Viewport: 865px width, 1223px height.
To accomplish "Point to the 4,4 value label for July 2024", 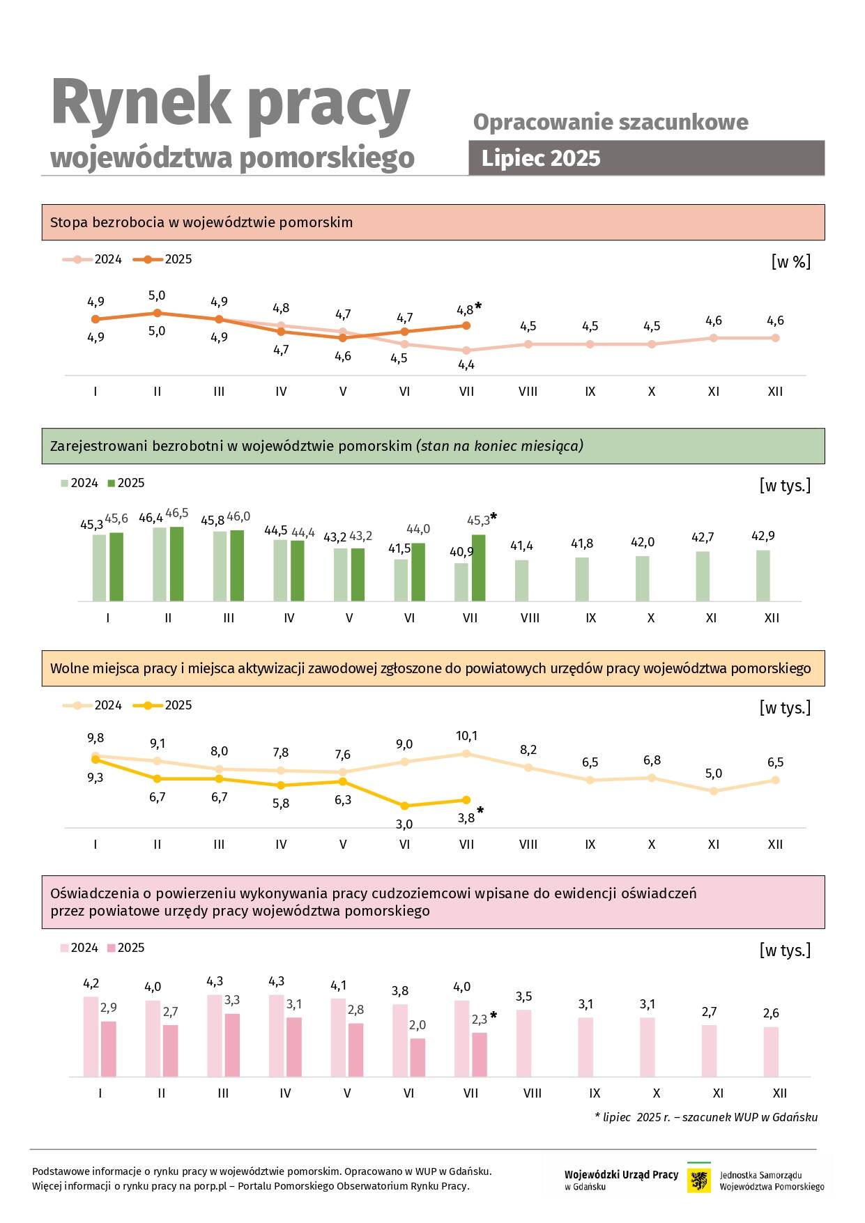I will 466,364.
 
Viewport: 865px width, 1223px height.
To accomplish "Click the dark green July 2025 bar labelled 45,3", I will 478,567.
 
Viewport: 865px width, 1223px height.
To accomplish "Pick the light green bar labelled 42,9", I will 763,576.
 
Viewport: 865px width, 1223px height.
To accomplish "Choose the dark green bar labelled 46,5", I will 176,564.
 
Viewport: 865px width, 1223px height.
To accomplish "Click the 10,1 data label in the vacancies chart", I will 466,736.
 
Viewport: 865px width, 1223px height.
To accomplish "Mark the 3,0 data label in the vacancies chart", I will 404,824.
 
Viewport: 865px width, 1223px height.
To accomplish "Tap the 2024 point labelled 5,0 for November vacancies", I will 713,791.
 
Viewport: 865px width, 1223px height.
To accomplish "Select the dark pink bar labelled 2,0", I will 418,1057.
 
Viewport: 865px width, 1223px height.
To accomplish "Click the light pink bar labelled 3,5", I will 523,1043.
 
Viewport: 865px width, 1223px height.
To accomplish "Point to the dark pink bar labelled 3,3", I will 232,1045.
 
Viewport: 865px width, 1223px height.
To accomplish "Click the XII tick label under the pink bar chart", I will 780,1093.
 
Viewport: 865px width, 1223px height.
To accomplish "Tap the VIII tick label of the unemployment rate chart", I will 528,392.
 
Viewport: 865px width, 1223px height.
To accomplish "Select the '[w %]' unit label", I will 790,262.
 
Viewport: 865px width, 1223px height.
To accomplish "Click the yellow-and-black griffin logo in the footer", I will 698,1180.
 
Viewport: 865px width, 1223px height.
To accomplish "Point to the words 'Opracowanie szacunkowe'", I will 611,122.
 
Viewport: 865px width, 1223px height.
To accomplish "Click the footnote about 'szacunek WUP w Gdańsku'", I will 706,1117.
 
